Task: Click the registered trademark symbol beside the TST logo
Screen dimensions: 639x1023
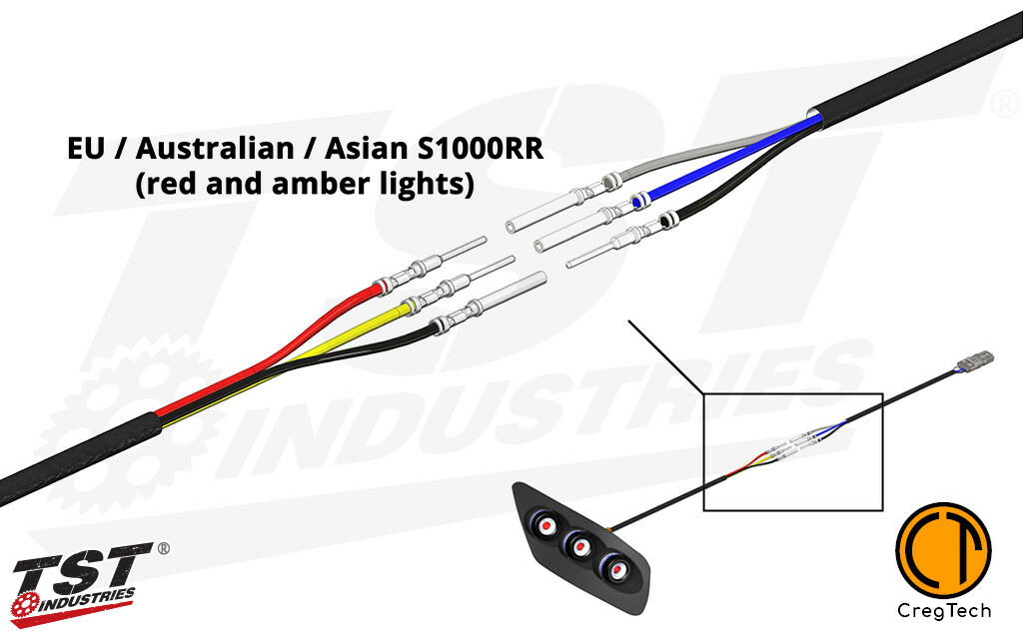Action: tap(163, 548)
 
